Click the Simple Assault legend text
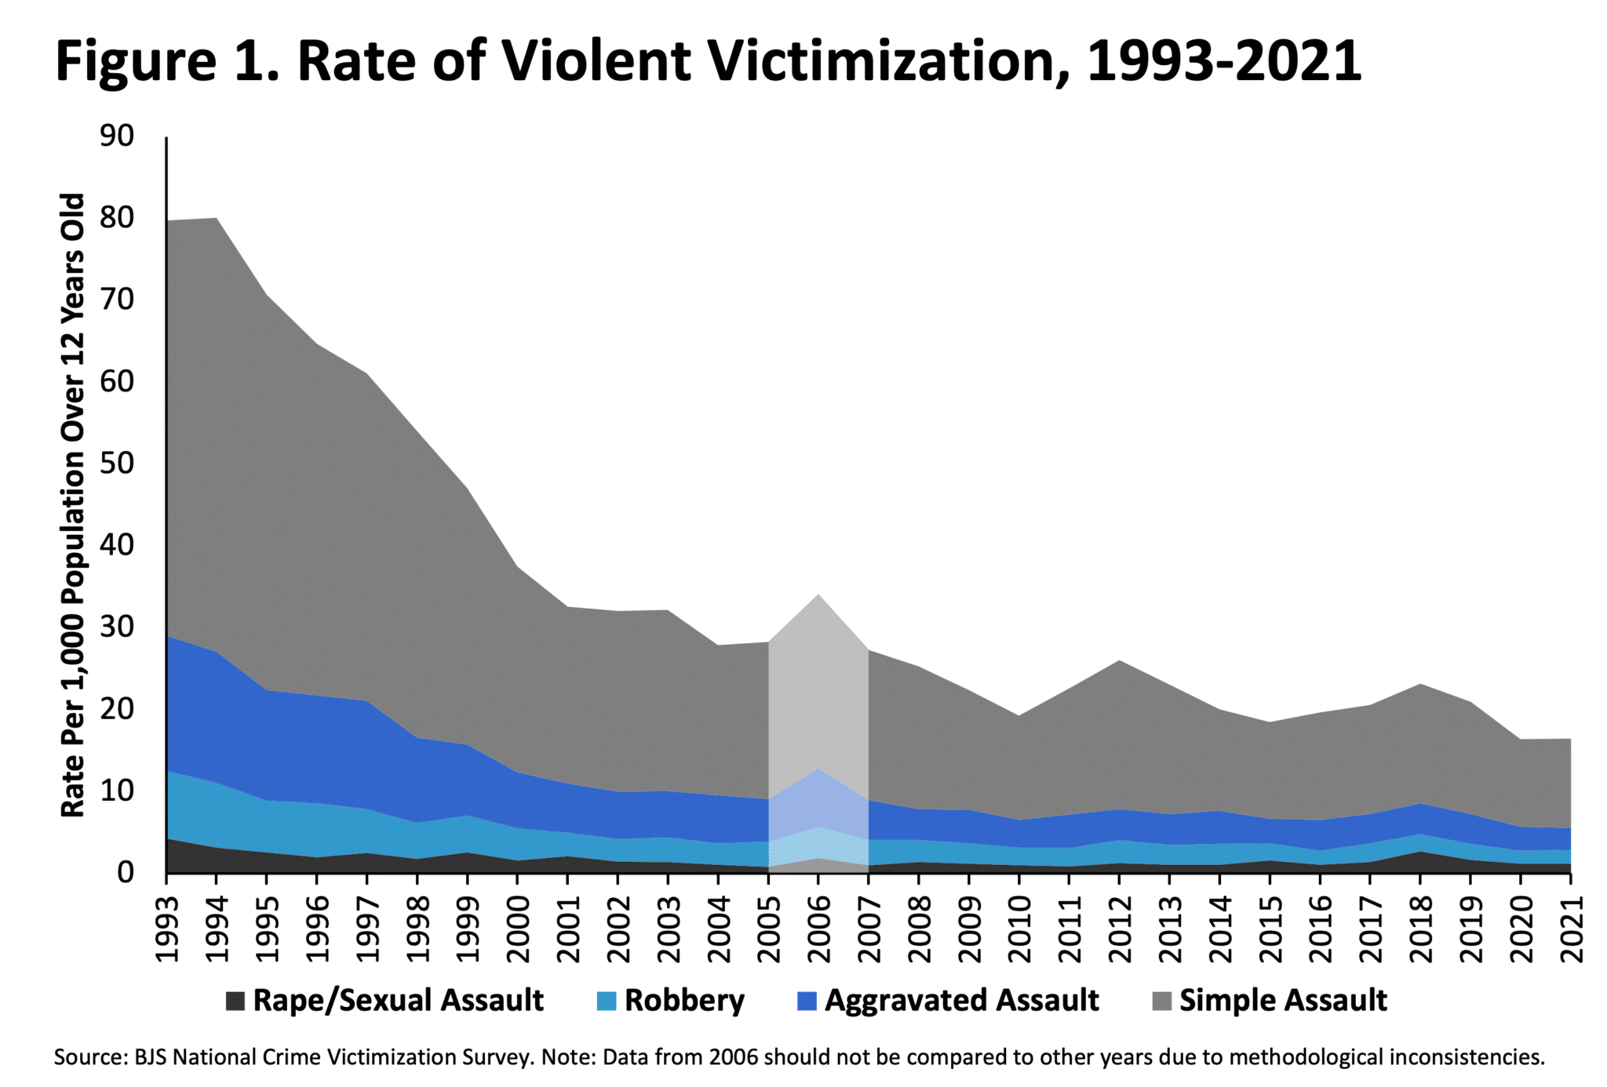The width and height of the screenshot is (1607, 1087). tap(1283, 1001)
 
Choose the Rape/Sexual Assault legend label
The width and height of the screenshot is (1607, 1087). tap(398, 1001)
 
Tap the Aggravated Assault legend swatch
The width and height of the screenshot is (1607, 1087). tap(807, 1001)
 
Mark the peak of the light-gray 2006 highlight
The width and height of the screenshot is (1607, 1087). tap(818, 594)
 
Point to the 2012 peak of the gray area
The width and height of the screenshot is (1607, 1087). tap(1119, 660)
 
